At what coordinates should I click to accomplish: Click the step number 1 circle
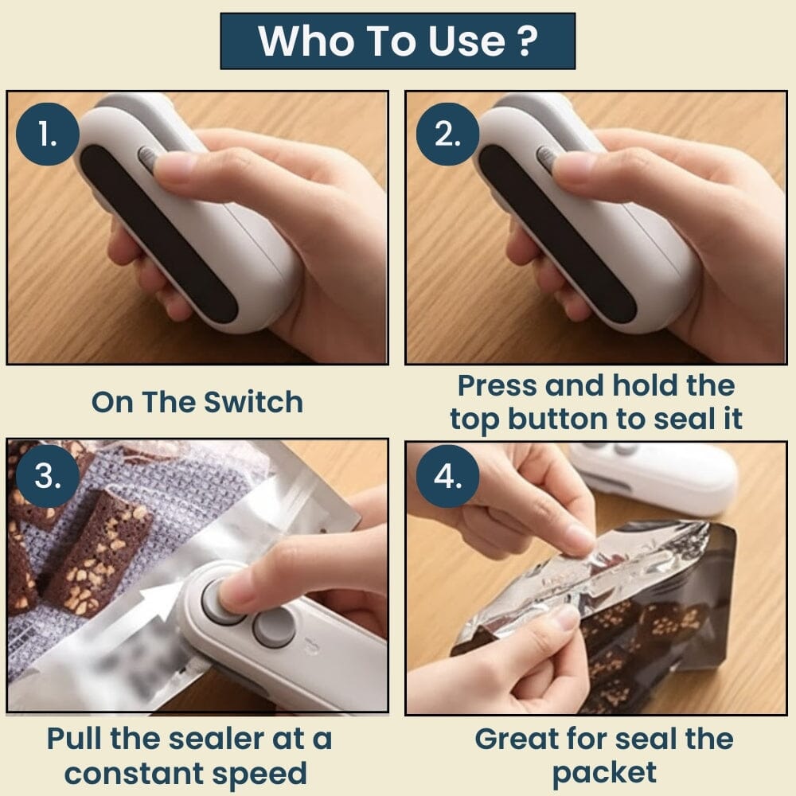pyautogui.click(x=47, y=135)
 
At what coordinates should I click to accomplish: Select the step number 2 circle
pyautogui.click(x=446, y=135)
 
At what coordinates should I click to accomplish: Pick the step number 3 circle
pyautogui.click(x=47, y=476)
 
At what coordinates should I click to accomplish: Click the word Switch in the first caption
pyautogui.click(x=254, y=402)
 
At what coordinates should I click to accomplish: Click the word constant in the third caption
pyautogui.click(x=145, y=773)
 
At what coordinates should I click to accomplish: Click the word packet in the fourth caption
pyautogui.click(x=604, y=773)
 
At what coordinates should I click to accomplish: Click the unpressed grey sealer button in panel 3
pyautogui.click(x=274, y=628)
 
